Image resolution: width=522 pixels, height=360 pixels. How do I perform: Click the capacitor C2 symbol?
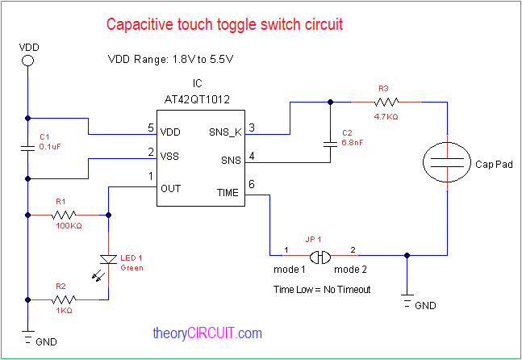[x=330, y=144]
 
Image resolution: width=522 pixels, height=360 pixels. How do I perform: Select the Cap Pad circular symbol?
[x=446, y=163]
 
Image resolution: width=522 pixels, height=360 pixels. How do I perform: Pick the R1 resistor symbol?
[x=64, y=216]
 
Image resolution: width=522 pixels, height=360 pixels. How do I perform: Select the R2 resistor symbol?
[x=64, y=299]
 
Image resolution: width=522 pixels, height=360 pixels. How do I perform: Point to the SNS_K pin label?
[x=225, y=132]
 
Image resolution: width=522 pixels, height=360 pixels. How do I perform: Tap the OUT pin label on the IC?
[x=171, y=188]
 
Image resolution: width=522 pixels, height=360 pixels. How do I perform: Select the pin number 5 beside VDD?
[x=150, y=128]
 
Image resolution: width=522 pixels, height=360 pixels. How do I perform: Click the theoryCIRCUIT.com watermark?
[x=207, y=333]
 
